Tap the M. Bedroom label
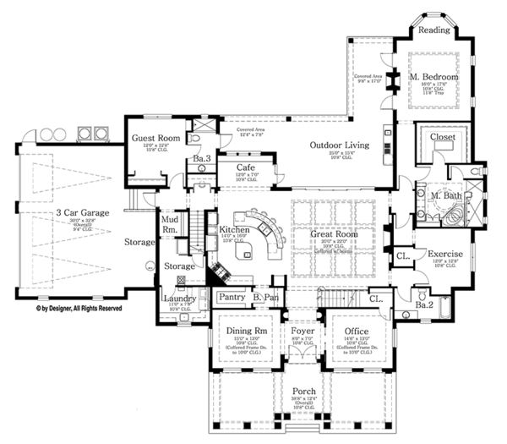pos(434,77)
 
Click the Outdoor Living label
pos(338,145)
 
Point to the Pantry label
pos(231,297)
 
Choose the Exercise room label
pos(444,253)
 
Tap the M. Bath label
pos(445,196)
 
